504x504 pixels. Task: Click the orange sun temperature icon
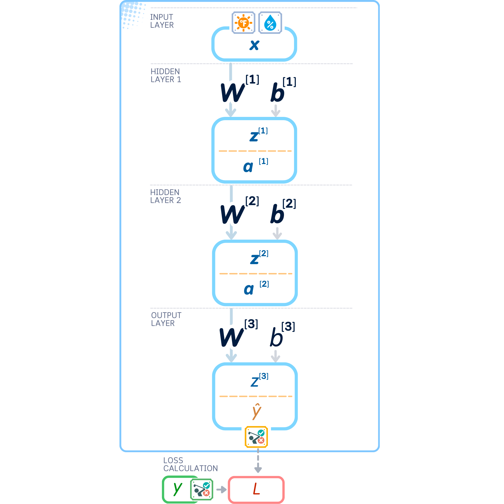click(x=243, y=23)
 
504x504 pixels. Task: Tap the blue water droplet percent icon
click(x=270, y=23)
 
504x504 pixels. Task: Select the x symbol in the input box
click(x=254, y=45)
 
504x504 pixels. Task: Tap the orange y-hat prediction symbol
click(x=257, y=412)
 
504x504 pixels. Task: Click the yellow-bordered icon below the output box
click(x=256, y=437)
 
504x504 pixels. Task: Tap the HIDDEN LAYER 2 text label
click(x=165, y=196)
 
